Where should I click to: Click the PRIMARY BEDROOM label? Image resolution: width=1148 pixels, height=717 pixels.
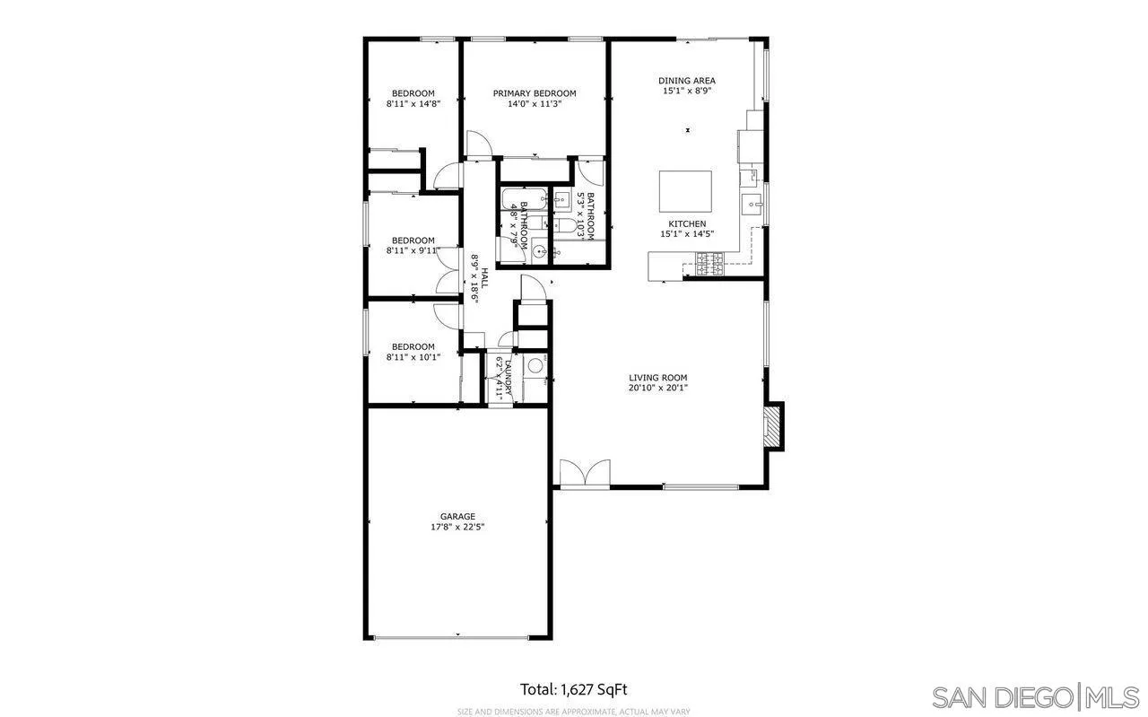coord(535,93)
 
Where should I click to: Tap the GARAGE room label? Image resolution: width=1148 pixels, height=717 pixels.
coord(457,516)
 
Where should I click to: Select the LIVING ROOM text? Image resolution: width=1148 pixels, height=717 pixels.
coord(657,378)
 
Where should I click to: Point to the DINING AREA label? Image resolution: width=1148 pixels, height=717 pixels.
coord(687,81)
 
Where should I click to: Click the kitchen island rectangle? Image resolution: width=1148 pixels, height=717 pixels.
coord(686,190)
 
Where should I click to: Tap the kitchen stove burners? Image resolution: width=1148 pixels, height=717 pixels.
coord(709,263)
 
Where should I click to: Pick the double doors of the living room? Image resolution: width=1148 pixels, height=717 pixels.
coord(585,473)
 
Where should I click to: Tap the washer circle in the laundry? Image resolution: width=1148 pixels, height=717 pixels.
coord(535,365)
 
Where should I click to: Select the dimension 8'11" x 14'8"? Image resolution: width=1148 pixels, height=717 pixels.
coord(413,104)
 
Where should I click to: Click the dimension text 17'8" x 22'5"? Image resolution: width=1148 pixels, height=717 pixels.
coord(457,528)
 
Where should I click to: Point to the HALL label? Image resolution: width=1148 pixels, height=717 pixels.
coord(485,277)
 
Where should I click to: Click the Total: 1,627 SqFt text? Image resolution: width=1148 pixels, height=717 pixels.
coord(574,689)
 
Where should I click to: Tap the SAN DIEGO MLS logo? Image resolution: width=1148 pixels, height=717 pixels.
coord(1035,696)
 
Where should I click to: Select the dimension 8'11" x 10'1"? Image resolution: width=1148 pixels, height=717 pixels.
coord(413,357)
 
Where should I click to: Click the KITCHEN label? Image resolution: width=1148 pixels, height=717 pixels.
coord(687,223)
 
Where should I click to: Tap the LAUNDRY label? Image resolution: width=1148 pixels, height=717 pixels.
coord(508,377)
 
